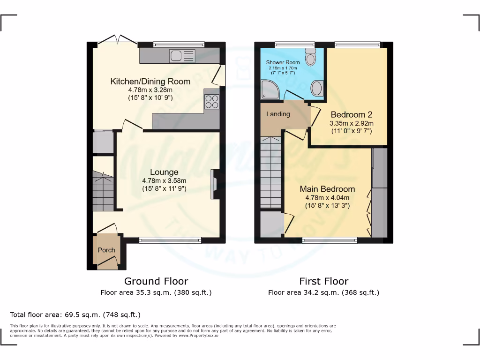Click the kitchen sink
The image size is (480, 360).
click(x=182, y=56)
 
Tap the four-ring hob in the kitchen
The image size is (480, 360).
click(x=211, y=102)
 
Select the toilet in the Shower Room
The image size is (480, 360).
click(x=310, y=57)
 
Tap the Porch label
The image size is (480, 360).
click(x=106, y=250)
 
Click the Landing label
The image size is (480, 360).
click(x=278, y=114)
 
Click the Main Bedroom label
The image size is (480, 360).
click(x=327, y=189)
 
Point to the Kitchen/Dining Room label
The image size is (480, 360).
click(x=150, y=82)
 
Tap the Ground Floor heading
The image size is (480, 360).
click(x=156, y=281)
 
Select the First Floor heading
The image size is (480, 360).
click(x=324, y=281)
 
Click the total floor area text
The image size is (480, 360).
click(x=75, y=315)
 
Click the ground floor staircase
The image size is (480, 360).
click(x=103, y=192)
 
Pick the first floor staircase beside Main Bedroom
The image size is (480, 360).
click(x=270, y=171)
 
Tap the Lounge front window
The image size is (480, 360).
click(x=170, y=240)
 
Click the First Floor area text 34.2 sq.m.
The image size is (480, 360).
click(x=323, y=292)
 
